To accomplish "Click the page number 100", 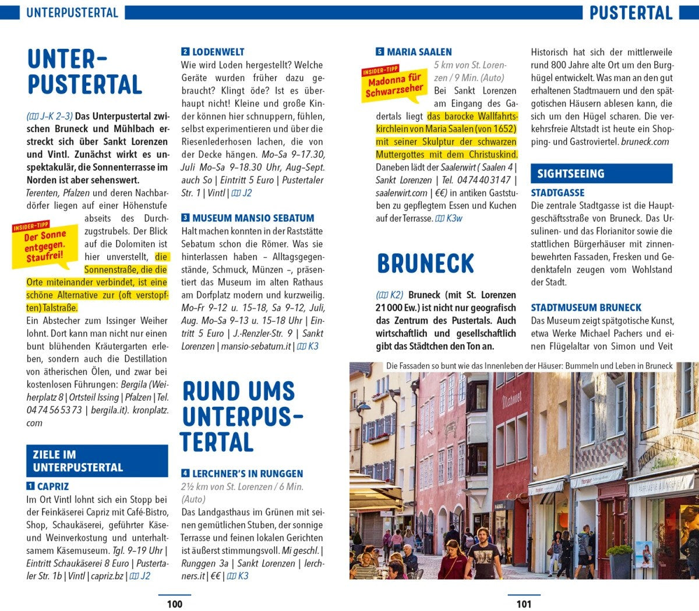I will point(174,604).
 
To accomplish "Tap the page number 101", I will point(524,604).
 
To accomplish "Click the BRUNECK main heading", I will point(425,264).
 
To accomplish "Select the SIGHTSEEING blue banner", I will point(601,173).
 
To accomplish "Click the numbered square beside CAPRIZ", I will point(30,486).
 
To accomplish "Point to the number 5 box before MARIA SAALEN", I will point(380,52).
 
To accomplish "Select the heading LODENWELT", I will point(218,52).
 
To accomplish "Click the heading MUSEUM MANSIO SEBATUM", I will point(253,218).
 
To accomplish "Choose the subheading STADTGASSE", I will point(557,193).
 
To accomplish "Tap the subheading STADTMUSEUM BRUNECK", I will point(586,307).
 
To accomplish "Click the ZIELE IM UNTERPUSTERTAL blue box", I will point(97,461).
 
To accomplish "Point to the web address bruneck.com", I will point(645,141).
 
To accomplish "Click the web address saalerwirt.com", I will point(401,193).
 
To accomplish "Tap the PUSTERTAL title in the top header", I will point(631,12).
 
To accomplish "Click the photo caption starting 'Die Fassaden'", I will point(529,366).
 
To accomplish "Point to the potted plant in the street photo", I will point(619,559).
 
